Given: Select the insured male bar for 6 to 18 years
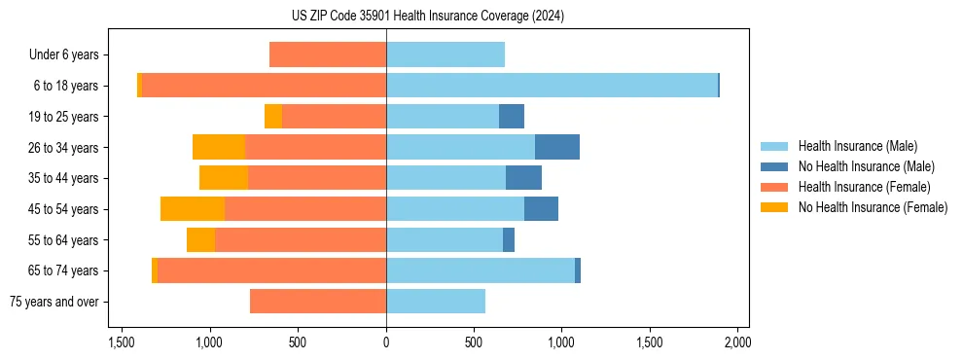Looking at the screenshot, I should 552,86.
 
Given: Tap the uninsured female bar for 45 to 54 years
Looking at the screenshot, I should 193,209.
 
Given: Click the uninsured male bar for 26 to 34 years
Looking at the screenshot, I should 556,147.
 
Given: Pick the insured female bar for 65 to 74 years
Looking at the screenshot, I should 271,270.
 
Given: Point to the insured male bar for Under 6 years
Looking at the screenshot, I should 446,54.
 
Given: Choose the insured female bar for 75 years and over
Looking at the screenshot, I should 318,302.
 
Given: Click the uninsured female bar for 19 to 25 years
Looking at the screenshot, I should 273,117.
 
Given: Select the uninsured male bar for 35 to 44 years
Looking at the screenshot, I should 523,178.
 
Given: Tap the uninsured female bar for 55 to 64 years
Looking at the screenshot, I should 200,240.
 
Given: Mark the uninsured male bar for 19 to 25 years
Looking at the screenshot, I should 512,117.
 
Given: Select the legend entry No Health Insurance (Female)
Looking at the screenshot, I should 873,207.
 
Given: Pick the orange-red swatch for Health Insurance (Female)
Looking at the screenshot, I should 774,187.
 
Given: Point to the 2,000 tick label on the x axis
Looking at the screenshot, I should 737,342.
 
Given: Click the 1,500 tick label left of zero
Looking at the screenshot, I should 122,342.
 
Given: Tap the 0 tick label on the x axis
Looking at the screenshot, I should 386,342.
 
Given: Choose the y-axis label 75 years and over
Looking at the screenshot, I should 53,302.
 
